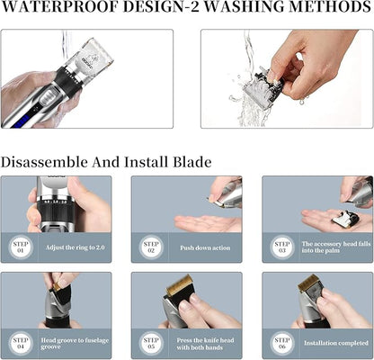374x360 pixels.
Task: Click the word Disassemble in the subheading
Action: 44,162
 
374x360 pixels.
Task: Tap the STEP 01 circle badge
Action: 21,247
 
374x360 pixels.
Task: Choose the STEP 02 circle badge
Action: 151,247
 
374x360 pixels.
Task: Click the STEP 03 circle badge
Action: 281,247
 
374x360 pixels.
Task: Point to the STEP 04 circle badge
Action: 21,344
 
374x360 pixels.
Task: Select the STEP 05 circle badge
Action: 151,344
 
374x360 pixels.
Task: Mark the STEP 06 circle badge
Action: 281,344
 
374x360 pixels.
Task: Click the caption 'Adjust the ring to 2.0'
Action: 76,247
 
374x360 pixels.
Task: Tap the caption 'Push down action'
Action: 205,248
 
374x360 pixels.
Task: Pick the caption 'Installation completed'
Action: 336,343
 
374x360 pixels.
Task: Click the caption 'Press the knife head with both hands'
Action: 205,344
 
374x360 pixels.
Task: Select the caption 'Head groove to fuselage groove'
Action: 75,344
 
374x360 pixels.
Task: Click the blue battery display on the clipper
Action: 20,122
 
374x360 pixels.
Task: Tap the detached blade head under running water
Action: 262,84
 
